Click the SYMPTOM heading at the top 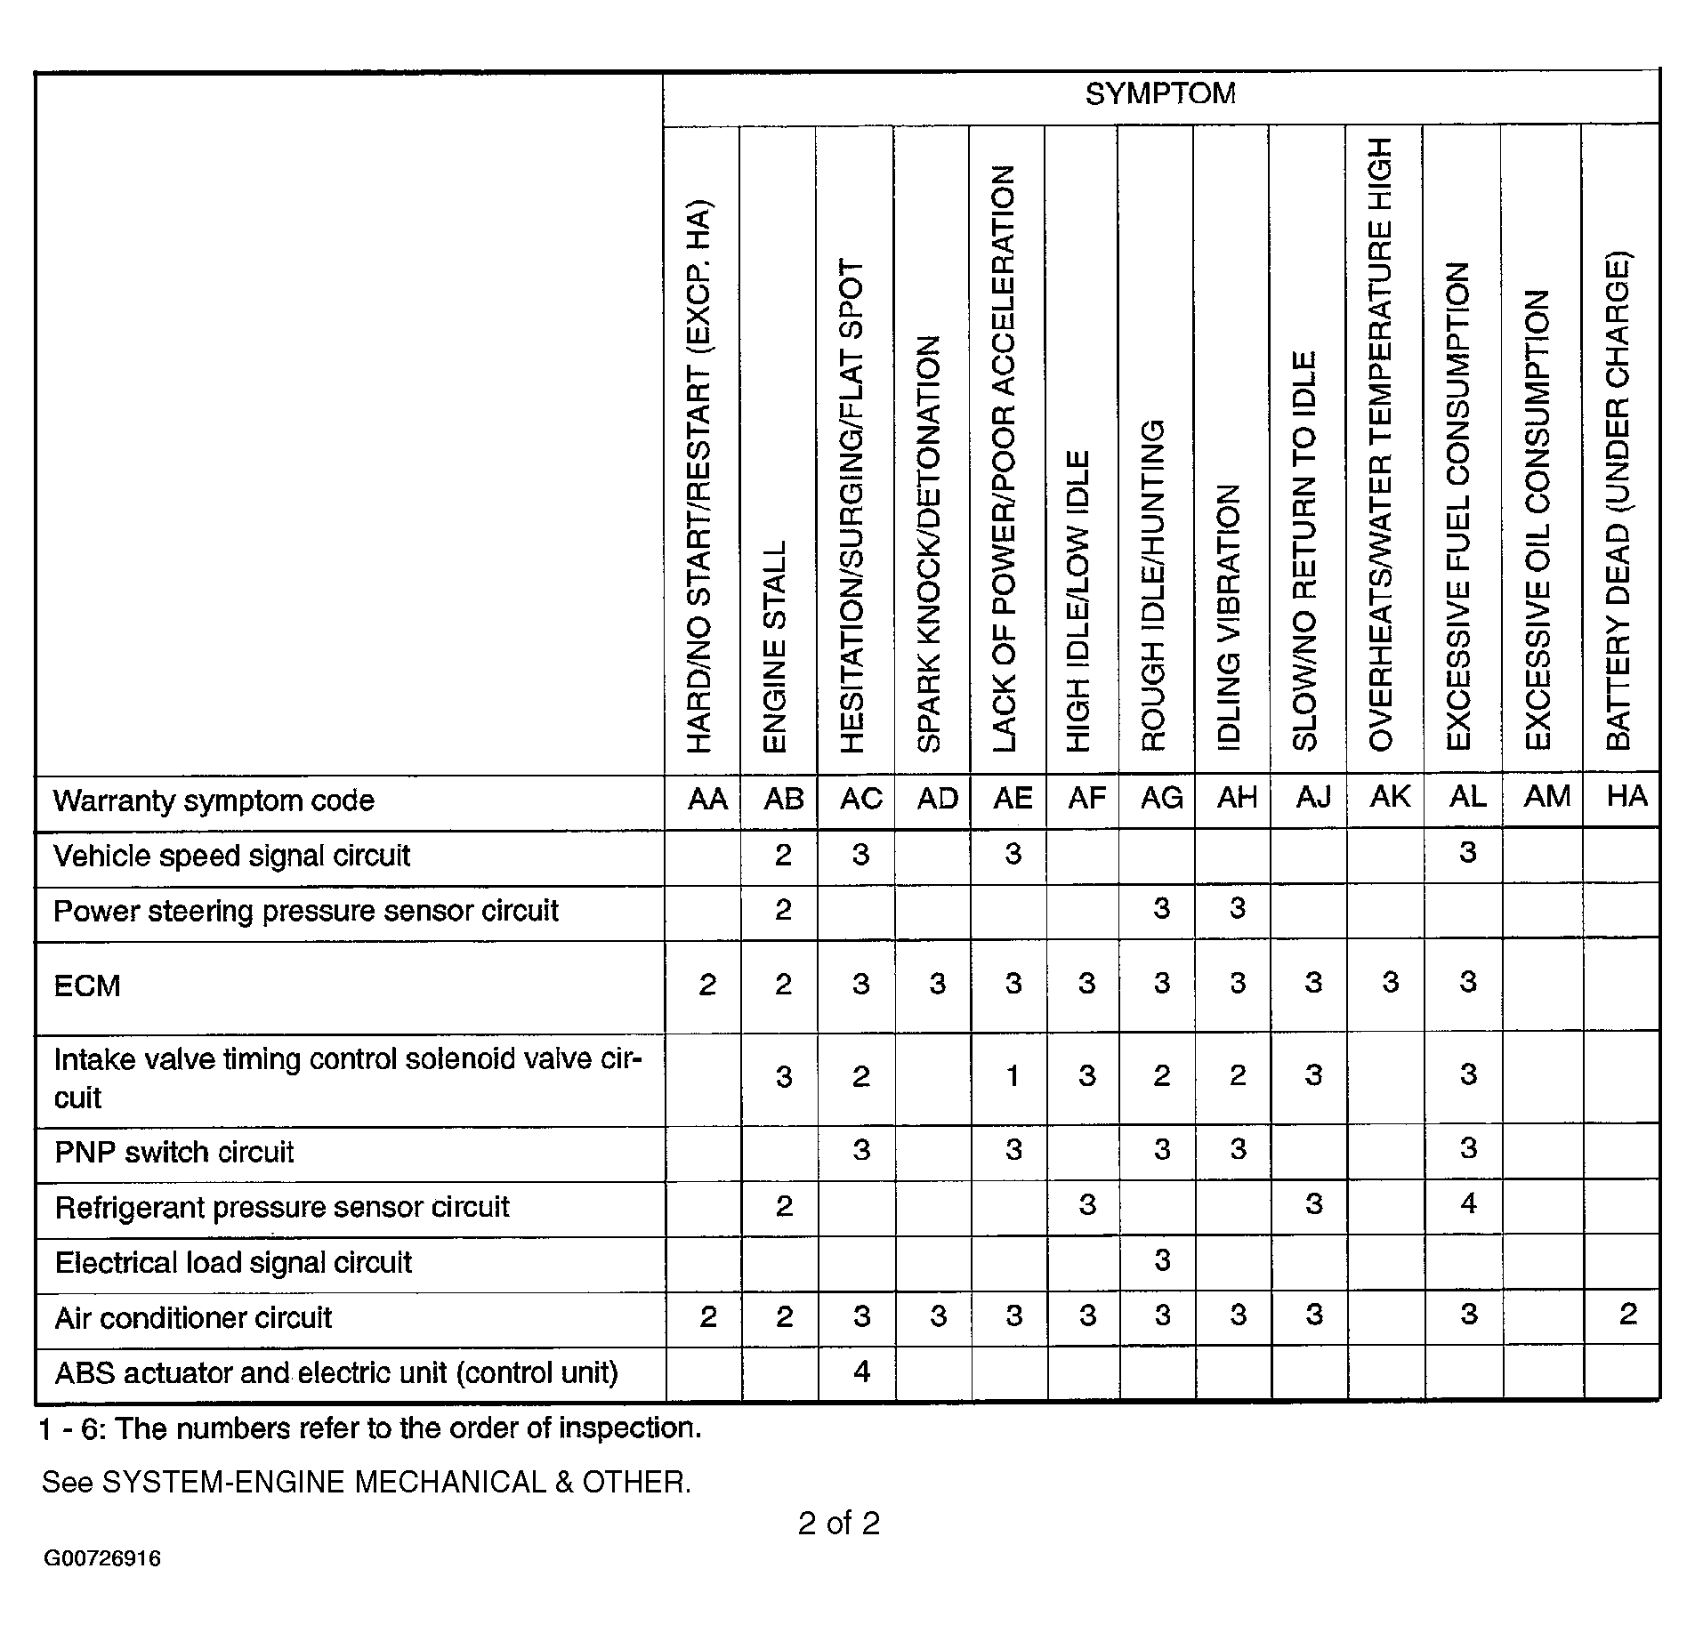1159,94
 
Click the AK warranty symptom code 1390,797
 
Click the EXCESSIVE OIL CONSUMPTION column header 1538,520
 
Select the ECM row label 87,985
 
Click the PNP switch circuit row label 174,1153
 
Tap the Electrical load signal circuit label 233,1263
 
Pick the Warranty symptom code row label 214,801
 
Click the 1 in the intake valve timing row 1013,1076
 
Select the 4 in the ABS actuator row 860,1372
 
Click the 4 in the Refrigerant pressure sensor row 1468,1204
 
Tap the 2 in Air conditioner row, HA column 1627,1315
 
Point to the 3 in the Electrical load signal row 1161,1260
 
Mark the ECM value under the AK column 1390,983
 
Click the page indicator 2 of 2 838,1524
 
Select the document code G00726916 102,1583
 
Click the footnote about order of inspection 370,1428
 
